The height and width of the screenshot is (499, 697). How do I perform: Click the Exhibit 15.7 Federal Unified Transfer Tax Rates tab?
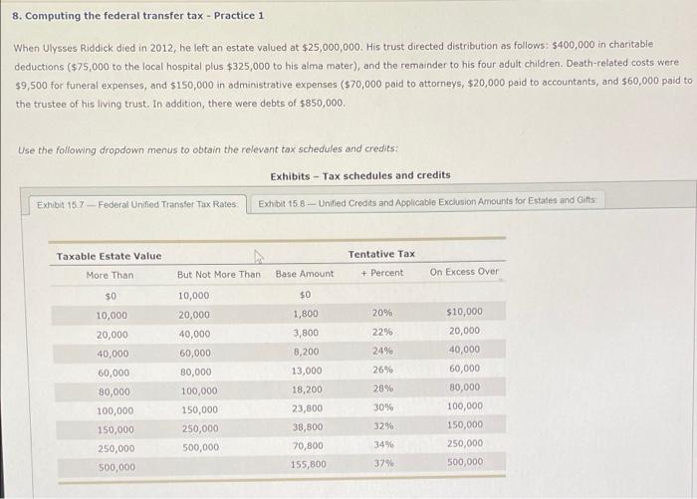(x=136, y=205)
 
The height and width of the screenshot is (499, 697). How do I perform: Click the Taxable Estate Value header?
(x=109, y=256)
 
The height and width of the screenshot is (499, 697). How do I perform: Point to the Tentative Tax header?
(x=382, y=254)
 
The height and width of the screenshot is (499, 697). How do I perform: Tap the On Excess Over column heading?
(x=464, y=272)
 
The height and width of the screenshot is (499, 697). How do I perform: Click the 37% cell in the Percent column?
(x=382, y=463)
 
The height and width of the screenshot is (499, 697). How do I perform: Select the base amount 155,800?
(x=308, y=463)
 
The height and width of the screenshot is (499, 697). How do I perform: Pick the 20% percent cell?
(x=382, y=313)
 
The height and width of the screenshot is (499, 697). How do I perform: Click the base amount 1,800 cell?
(x=305, y=314)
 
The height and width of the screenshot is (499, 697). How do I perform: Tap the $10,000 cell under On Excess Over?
(x=464, y=312)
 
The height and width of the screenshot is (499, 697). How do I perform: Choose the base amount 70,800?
(x=308, y=445)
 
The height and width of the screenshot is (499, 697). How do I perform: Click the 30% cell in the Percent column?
(x=382, y=407)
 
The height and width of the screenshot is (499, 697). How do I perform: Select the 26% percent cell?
(x=382, y=370)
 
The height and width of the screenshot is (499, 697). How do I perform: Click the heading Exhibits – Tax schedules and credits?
(x=359, y=175)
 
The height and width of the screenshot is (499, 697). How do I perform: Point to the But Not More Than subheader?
(x=218, y=275)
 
